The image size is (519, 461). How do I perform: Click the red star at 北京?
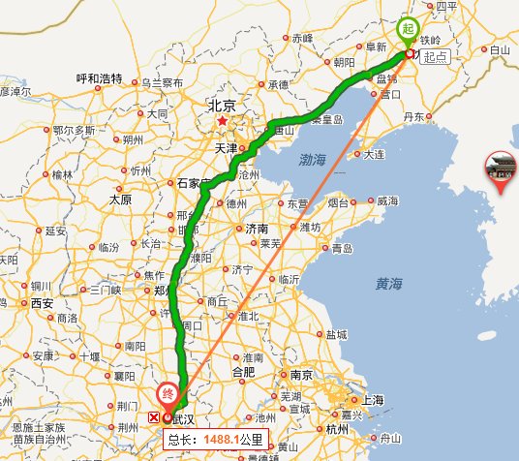point(223,122)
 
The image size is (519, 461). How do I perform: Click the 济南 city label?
point(257,230)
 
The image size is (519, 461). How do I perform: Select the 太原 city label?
point(120,200)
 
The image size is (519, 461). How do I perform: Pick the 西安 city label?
point(42,302)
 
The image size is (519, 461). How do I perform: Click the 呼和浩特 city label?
point(98,78)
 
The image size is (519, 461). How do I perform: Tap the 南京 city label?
point(300,374)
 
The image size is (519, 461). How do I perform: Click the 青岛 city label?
point(343,248)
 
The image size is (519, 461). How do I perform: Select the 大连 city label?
point(373,154)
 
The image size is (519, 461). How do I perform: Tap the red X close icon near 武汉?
point(154,418)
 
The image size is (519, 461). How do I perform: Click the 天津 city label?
point(226,148)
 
